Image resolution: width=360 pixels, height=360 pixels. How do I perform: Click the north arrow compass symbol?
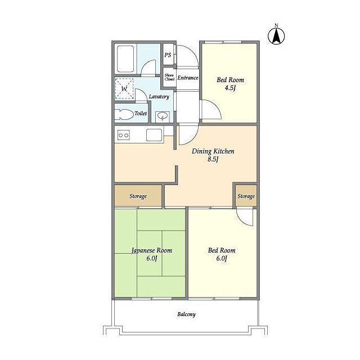pos(276,36)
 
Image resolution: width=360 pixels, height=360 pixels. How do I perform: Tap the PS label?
pos(168,55)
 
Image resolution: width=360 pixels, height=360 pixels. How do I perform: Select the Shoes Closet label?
pos(169,77)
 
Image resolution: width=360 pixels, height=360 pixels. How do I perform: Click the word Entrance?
pos(188,78)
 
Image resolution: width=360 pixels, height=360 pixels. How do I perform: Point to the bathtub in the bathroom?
pos(125,59)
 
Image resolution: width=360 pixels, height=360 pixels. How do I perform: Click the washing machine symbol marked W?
pos(124,89)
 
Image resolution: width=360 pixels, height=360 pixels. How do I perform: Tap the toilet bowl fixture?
pos(124,114)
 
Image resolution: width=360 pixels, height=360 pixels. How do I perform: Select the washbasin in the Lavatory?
pos(163,116)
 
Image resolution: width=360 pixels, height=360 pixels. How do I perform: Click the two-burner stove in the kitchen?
pos(124,135)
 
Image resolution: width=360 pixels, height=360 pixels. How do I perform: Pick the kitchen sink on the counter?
pos(154,135)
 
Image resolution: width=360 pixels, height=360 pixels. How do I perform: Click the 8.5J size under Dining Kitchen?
pos(213,159)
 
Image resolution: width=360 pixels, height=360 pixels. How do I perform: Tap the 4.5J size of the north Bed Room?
pos(230,88)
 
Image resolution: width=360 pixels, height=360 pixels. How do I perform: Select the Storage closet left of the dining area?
pos(138,196)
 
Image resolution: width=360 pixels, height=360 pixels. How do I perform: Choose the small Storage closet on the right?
pos(246,196)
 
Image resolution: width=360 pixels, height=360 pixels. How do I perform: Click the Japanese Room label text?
pos(152,250)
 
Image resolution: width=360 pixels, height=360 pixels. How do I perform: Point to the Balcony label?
pos(186,314)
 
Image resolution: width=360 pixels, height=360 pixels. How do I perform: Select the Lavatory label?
pos(159,97)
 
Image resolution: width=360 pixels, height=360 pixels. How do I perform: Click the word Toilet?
pos(141,114)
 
